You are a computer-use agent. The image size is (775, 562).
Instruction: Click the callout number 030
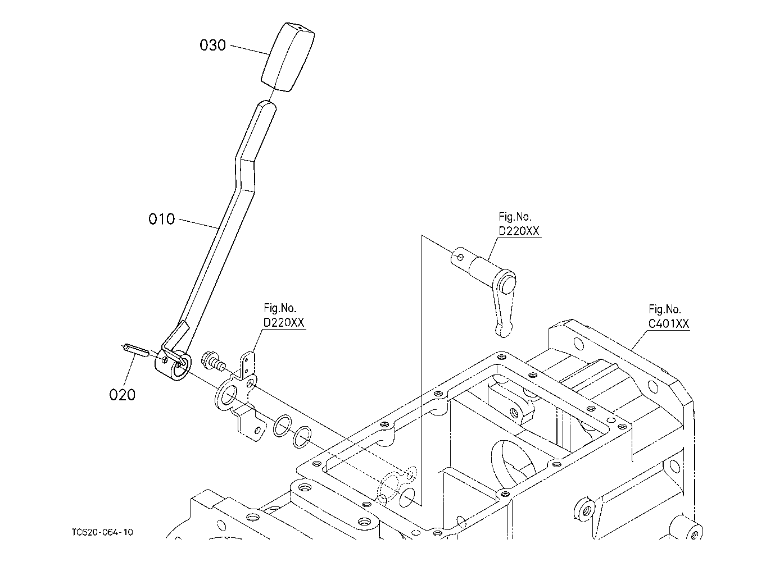pyautogui.click(x=213, y=45)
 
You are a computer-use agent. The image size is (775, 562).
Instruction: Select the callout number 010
pyautogui.click(x=161, y=219)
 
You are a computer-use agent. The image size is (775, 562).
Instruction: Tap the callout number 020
pyautogui.click(x=122, y=395)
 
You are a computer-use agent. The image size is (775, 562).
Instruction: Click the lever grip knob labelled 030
pyautogui.click(x=288, y=57)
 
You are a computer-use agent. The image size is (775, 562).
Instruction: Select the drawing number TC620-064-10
pyautogui.click(x=102, y=532)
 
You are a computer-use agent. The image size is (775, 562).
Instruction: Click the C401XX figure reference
pyautogui.click(x=668, y=324)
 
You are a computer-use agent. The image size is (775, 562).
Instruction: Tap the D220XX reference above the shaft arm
pyautogui.click(x=519, y=231)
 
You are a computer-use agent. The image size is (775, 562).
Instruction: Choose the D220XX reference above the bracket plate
pyautogui.click(x=284, y=322)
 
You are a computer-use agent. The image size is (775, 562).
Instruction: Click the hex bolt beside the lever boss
pyautogui.click(x=212, y=361)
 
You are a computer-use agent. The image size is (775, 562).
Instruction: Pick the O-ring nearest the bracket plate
pyautogui.click(x=282, y=426)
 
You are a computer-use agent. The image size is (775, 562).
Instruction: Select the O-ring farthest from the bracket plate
pyautogui.click(x=302, y=437)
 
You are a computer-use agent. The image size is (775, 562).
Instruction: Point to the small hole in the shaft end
pyautogui.click(x=460, y=257)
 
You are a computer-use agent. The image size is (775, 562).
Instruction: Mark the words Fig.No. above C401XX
pyautogui.click(x=665, y=309)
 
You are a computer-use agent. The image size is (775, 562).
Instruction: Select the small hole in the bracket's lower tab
pyautogui.click(x=257, y=430)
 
